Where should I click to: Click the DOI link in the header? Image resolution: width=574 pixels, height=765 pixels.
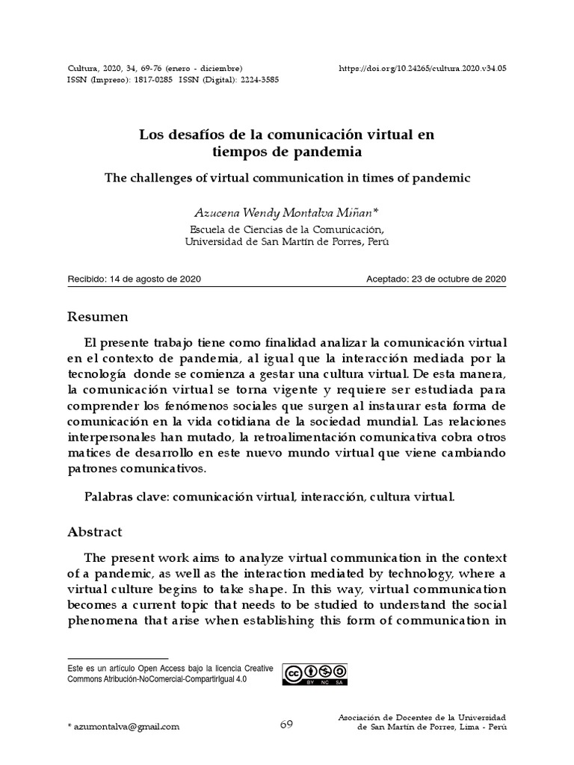click(423, 67)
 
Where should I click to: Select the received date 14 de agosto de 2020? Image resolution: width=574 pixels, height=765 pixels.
click(155, 279)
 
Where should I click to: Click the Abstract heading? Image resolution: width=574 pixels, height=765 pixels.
click(94, 532)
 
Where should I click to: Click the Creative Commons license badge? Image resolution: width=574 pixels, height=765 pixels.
click(314, 673)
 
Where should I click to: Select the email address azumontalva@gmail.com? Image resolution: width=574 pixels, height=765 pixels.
click(126, 726)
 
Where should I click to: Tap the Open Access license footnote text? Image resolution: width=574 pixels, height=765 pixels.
click(170, 673)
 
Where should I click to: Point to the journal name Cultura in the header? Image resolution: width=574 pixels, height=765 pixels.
click(83, 67)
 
